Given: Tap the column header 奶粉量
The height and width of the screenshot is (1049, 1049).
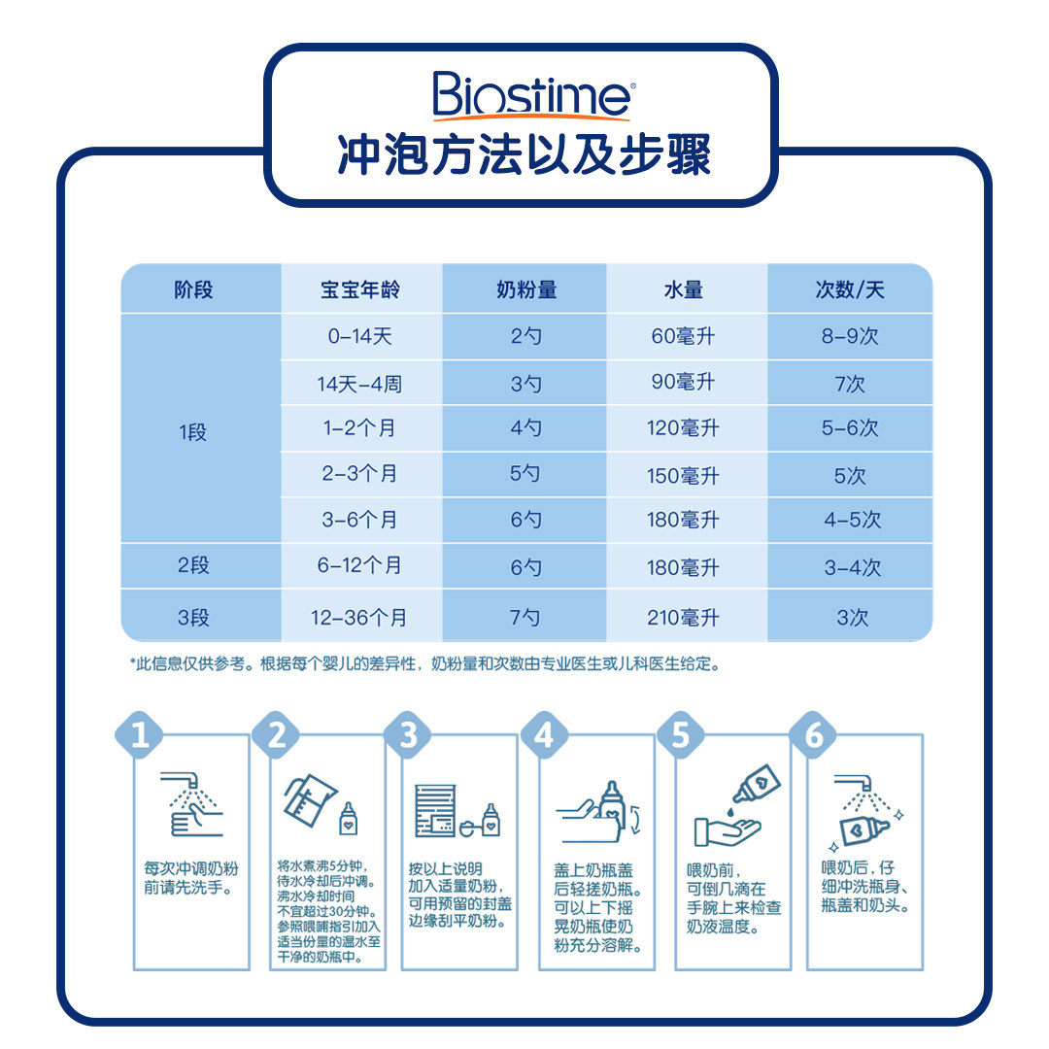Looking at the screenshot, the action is pyautogui.click(x=526, y=289).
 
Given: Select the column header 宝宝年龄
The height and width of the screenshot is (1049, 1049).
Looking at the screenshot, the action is pyautogui.click(x=360, y=289).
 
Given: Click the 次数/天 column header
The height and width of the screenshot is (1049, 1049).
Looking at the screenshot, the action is pyautogui.click(x=850, y=289).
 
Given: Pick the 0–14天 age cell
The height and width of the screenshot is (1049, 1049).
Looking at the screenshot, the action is pyautogui.click(x=360, y=337).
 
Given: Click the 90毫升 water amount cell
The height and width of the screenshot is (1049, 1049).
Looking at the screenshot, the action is pyautogui.click(x=683, y=383).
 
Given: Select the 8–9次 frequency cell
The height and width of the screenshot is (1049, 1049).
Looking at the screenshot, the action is pyautogui.click(x=850, y=337).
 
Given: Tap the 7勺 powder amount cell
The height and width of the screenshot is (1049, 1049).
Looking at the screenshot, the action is pyautogui.click(x=526, y=617).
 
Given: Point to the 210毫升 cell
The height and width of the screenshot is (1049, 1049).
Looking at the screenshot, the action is pyautogui.click(x=683, y=617).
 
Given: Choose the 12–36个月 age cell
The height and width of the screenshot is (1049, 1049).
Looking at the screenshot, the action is pyautogui.click(x=360, y=617).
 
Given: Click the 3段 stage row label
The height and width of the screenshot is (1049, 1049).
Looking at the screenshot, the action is pyautogui.click(x=193, y=617).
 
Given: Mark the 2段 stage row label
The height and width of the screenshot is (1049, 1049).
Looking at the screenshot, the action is pyautogui.click(x=193, y=565).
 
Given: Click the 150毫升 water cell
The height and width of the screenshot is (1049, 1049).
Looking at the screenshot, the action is pyautogui.click(x=683, y=476).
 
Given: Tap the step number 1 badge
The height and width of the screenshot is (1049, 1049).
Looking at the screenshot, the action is pyautogui.click(x=141, y=735).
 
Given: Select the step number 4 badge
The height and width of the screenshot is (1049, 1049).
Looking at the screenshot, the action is pyautogui.click(x=544, y=735).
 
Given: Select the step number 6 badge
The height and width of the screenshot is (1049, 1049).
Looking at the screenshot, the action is pyautogui.click(x=814, y=735).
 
